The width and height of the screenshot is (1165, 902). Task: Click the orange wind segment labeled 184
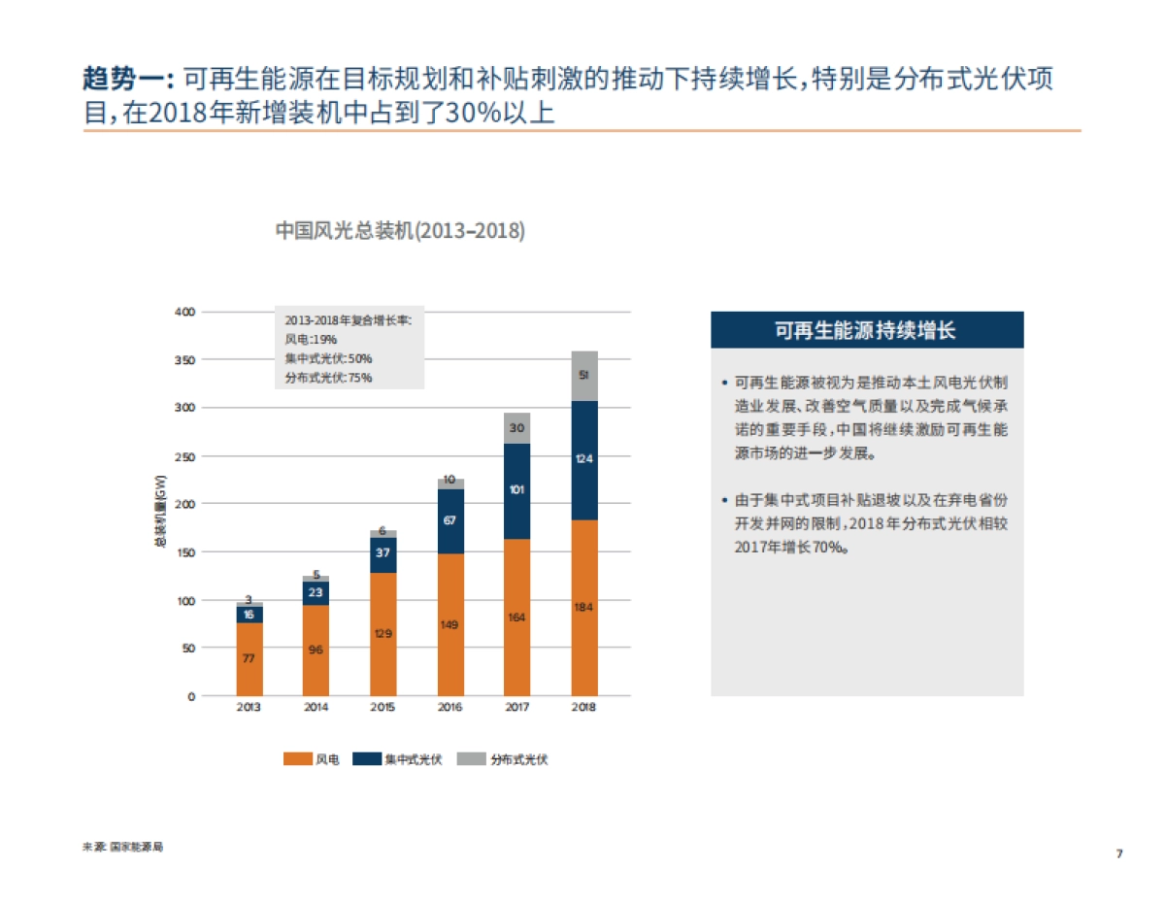click(x=583, y=608)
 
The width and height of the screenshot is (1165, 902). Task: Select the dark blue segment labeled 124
click(x=583, y=459)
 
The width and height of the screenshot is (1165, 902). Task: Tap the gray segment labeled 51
click(x=583, y=376)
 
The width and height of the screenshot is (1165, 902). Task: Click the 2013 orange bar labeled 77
click(x=249, y=658)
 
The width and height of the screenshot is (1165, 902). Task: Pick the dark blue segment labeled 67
click(x=449, y=520)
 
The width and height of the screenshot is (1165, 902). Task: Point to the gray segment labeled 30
click(x=516, y=428)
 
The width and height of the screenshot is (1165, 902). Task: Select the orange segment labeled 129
click(x=383, y=634)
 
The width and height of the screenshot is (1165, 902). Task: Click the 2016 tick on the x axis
click(x=449, y=707)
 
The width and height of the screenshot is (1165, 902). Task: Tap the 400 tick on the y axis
click(x=184, y=312)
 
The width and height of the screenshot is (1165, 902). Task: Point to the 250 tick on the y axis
click(x=184, y=456)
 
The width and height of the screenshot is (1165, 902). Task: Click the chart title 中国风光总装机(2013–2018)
click(x=400, y=231)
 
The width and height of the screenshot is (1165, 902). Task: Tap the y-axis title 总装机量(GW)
click(x=161, y=513)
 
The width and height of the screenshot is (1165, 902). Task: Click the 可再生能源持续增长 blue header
click(x=866, y=330)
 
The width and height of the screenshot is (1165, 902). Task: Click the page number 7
click(x=1118, y=853)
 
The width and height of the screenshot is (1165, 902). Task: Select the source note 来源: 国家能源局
click(x=123, y=847)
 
